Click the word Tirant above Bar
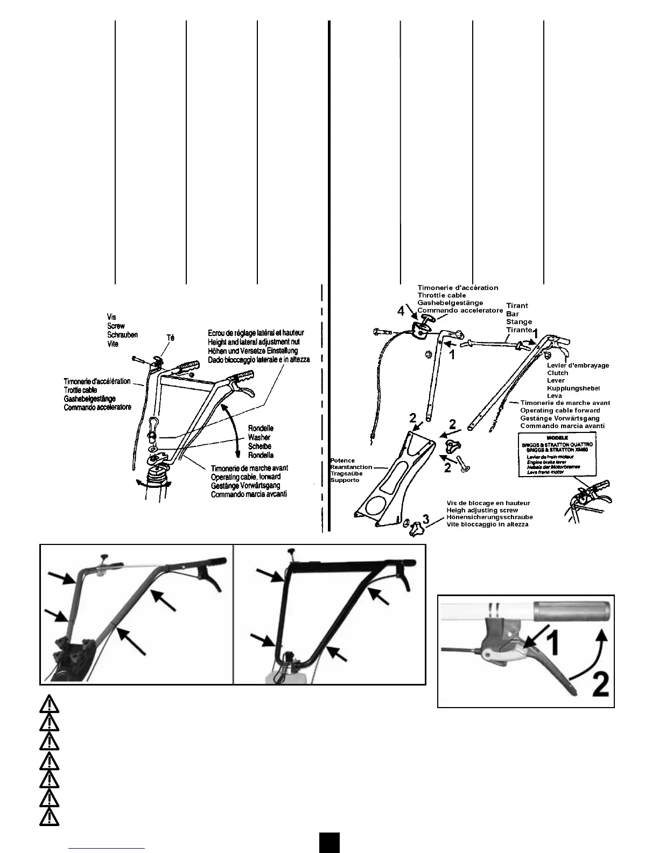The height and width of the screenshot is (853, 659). pyautogui.click(x=517, y=305)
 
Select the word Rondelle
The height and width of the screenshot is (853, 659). pyautogui.click(x=261, y=428)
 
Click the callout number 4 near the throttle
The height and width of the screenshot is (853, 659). pyautogui.click(x=401, y=311)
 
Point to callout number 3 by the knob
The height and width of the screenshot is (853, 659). pyautogui.click(x=426, y=519)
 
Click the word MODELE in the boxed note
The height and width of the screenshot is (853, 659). pyautogui.click(x=557, y=437)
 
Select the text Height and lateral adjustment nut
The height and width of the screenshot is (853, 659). pyautogui.click(x=254, y=342)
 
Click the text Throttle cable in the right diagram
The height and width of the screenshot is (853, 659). pyautogui.click(x=441, y=295)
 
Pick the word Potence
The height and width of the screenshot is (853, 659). pyautogui.click(x=342, y=460)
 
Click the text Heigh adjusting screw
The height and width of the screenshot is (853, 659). pyautogui.click(x=482, y=510)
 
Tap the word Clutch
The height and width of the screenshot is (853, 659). pyautogui.click(x=557, y=373)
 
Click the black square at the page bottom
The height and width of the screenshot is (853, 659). pyautogui.click(x=329, y=842)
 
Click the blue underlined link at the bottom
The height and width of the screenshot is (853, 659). pyautogui.click(x=107, y=848)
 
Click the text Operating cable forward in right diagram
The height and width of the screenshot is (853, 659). pyautogui.click(x=560, y=410)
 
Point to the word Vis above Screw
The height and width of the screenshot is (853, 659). pyautogui.click(x=111, y=317)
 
